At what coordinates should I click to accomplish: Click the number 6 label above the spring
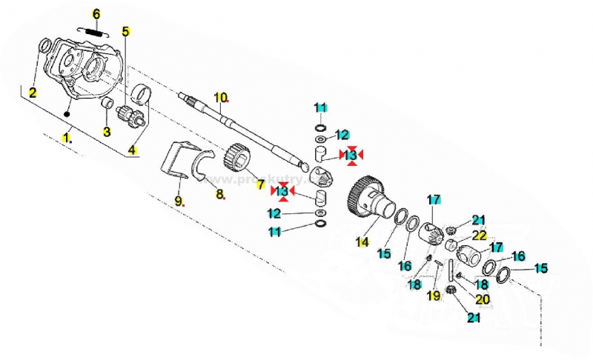click(x=95, y=14)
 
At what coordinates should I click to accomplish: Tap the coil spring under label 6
click(x=93, y=31)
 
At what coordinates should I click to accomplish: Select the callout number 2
click(x=33, y=93)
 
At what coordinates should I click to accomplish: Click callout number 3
click(x=106, y=132)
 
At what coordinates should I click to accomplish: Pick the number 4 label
click(x=132, y=150)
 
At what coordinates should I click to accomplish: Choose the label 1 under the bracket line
click(x=67, y=137)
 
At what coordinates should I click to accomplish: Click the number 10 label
click(x=220, y=97)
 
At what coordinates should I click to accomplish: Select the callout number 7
click(x=260, y=183)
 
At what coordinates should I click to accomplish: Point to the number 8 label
click(x=219, y=194)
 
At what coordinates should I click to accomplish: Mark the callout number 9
click(x=178, y=201)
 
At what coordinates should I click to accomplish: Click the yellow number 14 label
click(x=362, y=241)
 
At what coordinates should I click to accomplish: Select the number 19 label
click(x=434, y=296)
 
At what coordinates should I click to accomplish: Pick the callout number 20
click(x=483, y=299)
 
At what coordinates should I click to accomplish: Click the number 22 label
click(x=480, y=235)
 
